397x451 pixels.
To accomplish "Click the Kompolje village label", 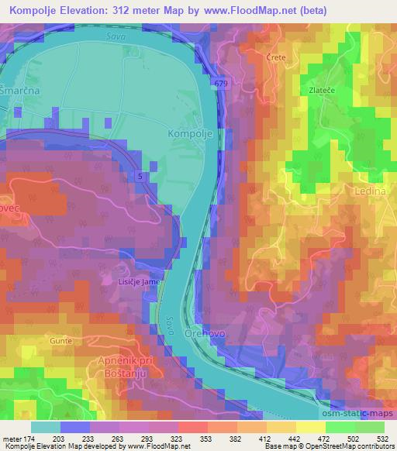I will pos(187,133).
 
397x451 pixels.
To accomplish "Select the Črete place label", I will pos(277,58).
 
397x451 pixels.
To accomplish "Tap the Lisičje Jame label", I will pos(140,282).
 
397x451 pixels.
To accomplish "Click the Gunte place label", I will pos(61,341).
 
